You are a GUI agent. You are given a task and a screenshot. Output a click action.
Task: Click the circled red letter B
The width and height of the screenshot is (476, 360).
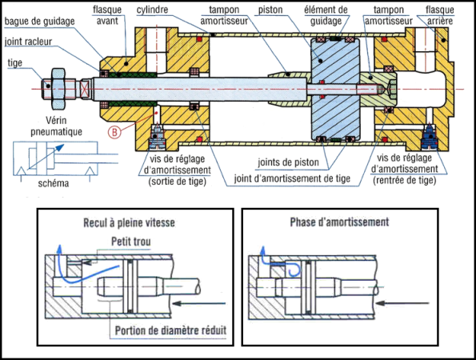tap(114, 132)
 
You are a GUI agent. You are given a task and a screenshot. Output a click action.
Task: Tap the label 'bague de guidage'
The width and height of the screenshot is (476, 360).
tap(39, 22)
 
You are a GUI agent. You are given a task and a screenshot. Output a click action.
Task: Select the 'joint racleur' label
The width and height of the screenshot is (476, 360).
tap(28, 42)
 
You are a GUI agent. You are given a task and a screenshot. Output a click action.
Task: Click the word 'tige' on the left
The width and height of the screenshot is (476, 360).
tap(15, 63)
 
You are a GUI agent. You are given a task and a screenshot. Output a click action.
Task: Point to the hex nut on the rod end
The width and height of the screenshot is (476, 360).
tap(58, 89)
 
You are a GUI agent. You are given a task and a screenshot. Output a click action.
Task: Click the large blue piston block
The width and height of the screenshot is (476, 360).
tap(335, 90)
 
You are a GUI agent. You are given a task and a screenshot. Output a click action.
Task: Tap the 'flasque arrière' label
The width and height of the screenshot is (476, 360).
tap(439, 15)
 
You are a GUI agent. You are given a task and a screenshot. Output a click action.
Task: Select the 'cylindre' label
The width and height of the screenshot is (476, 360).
tap(152, 10)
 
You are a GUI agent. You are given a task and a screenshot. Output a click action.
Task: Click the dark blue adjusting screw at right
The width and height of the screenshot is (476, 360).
tap(430, 138)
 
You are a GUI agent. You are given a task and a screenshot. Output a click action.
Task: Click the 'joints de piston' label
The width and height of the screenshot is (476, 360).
tap(288, 162)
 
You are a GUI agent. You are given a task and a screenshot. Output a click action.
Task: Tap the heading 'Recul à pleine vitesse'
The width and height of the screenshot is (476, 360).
tap(129, 222)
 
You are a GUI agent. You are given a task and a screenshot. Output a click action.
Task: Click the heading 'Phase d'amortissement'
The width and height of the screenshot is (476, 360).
tap(339, 222)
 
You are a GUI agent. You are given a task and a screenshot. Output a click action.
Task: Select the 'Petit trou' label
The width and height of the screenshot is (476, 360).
tap(131, 242)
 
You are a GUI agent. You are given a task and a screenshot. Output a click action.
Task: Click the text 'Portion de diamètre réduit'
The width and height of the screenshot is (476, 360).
tap(170, 330)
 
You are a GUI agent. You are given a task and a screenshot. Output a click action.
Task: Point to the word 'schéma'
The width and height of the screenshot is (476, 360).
tap(54, 183)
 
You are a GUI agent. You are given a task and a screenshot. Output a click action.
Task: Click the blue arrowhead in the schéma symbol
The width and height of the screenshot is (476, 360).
tap(60, 148)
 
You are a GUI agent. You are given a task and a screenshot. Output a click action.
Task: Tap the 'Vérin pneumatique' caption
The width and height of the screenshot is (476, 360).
tap(57, 126)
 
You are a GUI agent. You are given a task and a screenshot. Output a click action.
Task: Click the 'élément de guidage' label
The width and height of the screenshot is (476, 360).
tap(326, 15)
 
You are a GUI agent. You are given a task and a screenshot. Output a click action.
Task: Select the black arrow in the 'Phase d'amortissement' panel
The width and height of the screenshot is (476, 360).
tap(402, 303)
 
